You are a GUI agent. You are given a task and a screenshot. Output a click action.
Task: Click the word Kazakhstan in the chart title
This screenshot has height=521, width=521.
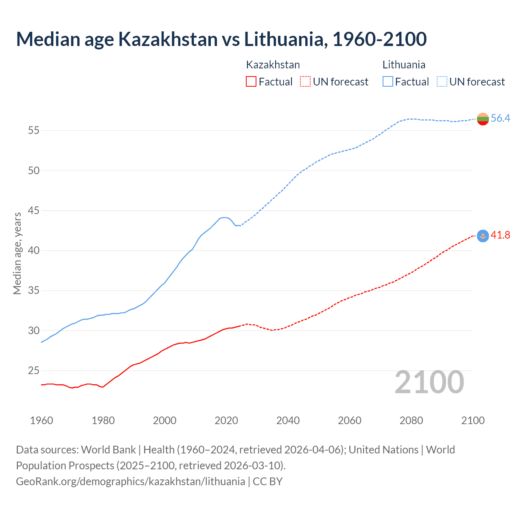tap(168, 39)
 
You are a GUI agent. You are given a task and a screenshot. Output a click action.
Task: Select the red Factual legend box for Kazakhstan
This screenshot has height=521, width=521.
tap(251, 82)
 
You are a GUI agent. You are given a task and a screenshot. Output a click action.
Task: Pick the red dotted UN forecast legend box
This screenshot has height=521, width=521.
tap(305, 82)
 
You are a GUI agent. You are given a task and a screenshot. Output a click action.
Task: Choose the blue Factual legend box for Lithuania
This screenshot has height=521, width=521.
tap(388, 82)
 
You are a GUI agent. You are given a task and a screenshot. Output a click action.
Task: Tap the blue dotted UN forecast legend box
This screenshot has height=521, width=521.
tap(442, 82)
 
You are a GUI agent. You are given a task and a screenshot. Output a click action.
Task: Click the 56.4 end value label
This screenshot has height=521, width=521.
tap(500, 118)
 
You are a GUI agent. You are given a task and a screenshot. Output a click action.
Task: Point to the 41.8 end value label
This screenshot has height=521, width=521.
tap(500, 235)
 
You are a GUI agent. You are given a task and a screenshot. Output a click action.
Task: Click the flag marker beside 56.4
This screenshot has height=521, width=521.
tap(483, 119)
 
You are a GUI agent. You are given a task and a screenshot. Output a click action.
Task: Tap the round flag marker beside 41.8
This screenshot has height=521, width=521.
tap(483, 236)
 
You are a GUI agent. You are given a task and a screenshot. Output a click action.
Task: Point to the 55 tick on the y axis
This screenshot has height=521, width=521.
tap(33, 131)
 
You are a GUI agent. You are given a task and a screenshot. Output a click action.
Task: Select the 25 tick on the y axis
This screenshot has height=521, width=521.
tap(33, 370)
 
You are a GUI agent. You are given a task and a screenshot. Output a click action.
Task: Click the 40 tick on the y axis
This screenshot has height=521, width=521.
tap(33, 250)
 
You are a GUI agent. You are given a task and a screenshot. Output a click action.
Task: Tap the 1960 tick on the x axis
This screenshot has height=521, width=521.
tap(42, 420)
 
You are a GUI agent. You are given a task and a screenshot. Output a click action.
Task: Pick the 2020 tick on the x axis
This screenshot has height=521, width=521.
tap(226, 420)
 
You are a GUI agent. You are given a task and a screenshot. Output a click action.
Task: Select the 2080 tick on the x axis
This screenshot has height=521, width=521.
tap(411, 420)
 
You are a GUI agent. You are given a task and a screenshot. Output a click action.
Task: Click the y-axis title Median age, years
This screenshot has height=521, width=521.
tap(17, 253)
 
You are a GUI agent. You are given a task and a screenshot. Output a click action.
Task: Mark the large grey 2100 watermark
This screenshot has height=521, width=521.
tap(429, 382)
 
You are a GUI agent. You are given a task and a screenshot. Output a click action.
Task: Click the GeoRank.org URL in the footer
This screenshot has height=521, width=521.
tap(130, 482)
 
